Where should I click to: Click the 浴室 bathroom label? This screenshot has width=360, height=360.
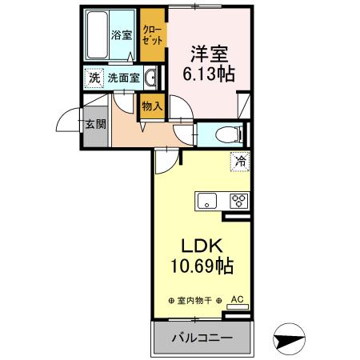coord(121,35)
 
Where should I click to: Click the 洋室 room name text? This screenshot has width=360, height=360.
coord(209,54)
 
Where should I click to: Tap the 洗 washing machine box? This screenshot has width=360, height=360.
coord(94,78)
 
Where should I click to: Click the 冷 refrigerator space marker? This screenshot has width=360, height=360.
coord(239,162)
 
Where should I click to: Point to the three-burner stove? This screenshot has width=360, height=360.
coord(238,201)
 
